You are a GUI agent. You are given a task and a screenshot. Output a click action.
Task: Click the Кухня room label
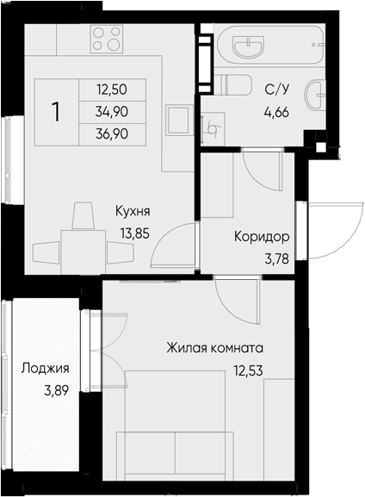133,211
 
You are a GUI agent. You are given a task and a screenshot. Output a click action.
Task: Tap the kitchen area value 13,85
134,233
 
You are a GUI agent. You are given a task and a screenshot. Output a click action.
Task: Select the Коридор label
262,237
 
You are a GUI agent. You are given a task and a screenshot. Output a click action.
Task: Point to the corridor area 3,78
277,259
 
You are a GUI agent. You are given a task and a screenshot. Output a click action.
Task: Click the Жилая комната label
215,348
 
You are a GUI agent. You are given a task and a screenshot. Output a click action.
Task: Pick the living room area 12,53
249,370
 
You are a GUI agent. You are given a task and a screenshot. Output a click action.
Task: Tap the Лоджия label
45,369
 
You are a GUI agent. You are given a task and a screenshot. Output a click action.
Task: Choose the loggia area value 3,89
57,391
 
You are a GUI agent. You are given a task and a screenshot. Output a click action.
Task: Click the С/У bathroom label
277,90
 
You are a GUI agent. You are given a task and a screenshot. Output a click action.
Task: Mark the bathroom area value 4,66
277,112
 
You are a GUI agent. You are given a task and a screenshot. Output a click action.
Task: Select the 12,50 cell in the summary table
112,90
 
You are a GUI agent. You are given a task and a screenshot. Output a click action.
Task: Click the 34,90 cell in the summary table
112,112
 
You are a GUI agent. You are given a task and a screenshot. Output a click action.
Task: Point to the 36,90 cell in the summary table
112,134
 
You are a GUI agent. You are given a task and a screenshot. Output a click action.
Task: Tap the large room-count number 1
57,112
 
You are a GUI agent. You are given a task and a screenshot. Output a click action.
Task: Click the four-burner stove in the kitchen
107,40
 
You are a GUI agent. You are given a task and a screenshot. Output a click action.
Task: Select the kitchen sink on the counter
180,121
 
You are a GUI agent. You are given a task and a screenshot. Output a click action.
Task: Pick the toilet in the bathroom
233,84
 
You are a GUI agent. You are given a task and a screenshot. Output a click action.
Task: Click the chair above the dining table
84,215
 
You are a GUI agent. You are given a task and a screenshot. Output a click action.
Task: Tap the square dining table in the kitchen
84,252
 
